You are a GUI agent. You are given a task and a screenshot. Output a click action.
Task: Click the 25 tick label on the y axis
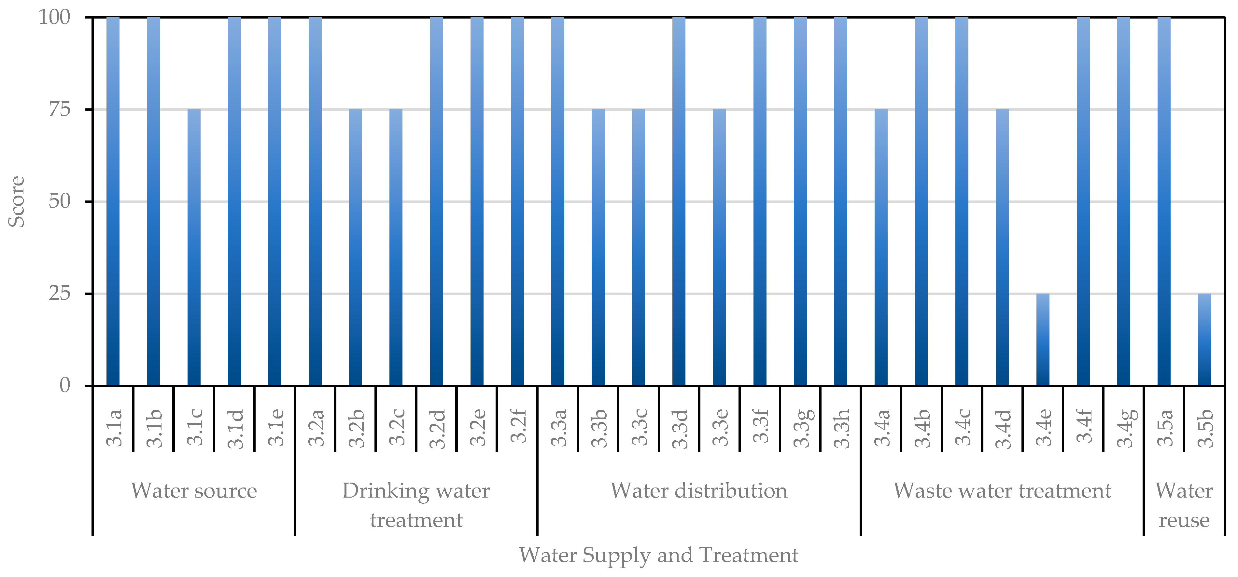[x=60, y=294]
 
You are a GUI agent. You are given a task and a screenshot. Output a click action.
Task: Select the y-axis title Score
[x=17, y=201]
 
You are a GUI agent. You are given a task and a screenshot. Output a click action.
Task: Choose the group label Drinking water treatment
[x=416, y=505]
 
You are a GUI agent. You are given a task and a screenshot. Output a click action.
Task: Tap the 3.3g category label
[x=802, y=428]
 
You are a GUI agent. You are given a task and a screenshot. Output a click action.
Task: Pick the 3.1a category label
[x=114, y=428]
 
